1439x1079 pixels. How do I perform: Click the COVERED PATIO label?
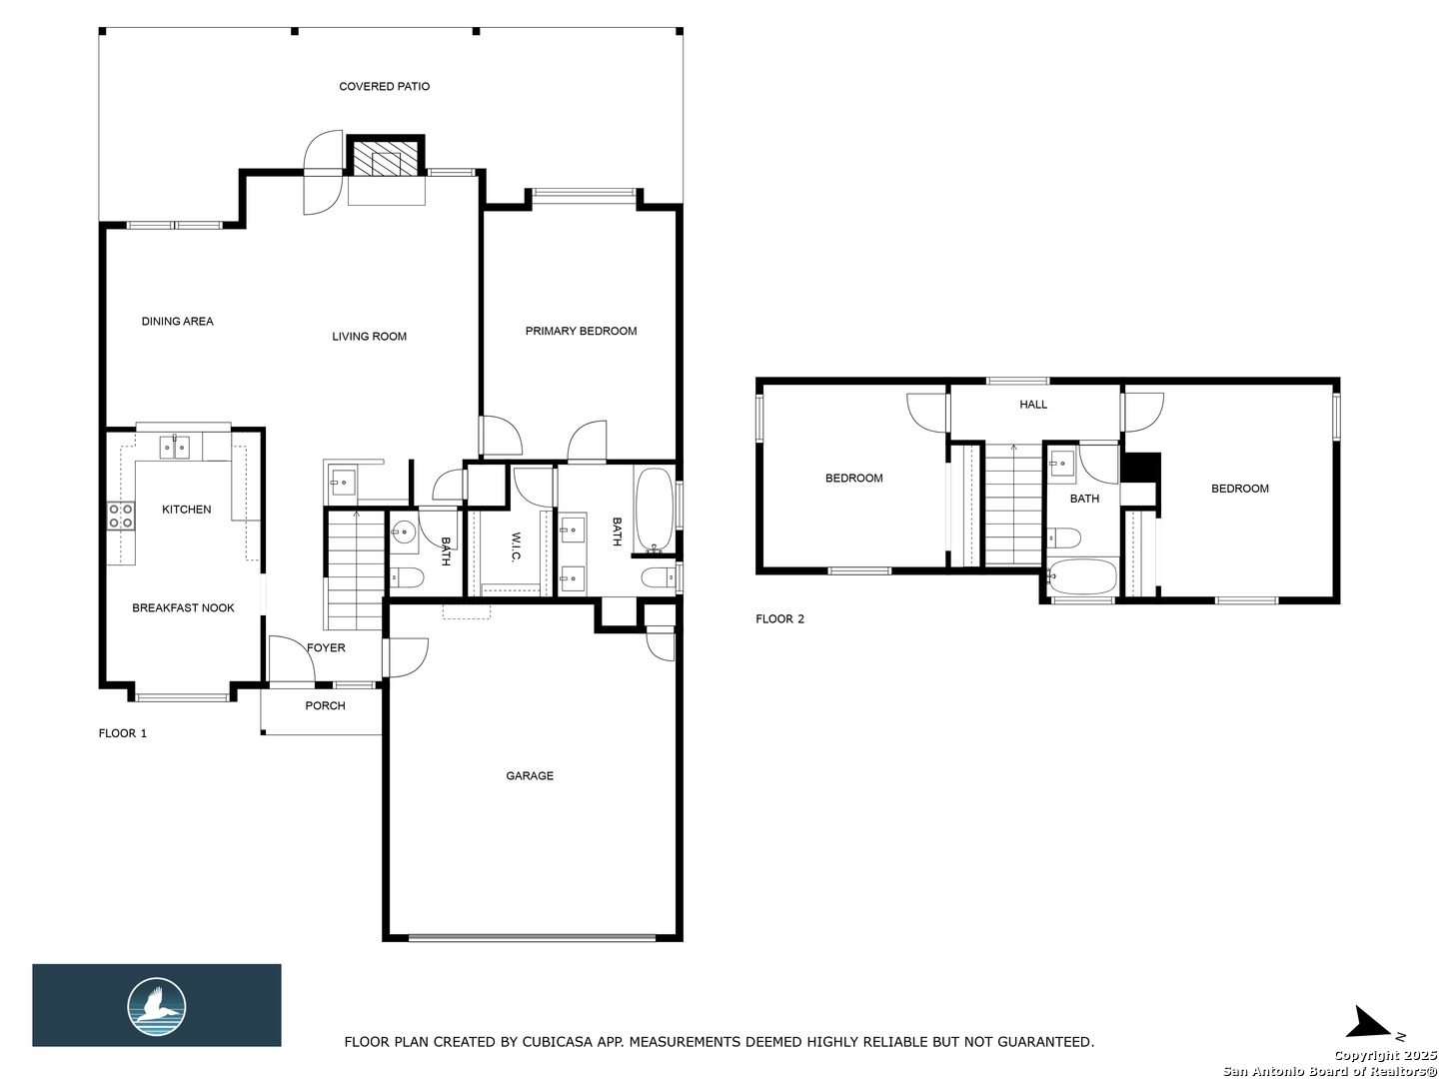pos(384,87)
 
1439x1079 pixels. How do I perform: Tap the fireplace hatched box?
pos(385,158)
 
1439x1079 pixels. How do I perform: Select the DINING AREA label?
pos(178,321)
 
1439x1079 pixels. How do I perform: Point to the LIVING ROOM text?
pos(369,336)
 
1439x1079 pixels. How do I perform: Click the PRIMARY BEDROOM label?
pos(581,331)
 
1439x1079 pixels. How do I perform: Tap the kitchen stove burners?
pos(121,515)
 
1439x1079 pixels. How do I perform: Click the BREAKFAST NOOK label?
pos(183,608)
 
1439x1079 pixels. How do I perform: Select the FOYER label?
pos(326,648)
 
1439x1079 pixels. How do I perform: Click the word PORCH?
pos(325,705)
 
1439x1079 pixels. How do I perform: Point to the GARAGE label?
pos(530,775)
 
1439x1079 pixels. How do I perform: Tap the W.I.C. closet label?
pos(516,546)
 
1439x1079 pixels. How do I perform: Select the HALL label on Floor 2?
pos(1033,405)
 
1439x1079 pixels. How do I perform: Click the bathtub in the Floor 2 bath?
pos(1081,576)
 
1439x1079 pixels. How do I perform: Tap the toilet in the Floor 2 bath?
pos(1063,538)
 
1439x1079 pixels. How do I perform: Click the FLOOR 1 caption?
pos(123,733)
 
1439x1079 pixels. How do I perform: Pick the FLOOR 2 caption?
pos(779,618)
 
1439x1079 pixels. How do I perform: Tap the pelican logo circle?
pos(156,1007)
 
